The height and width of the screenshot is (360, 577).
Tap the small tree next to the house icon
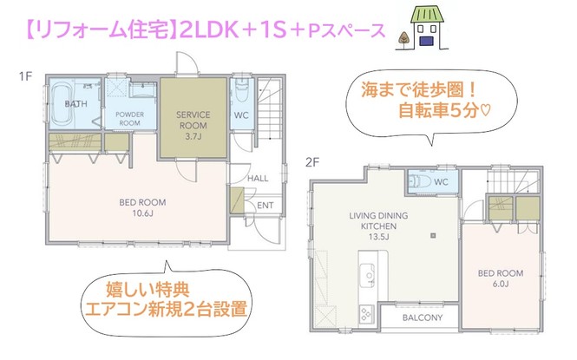[404, 39]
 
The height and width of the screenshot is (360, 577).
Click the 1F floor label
[25, 76]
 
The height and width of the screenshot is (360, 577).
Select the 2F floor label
[312, 162]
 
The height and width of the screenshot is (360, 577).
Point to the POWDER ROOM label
[130, 118]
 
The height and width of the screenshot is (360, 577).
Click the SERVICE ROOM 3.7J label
[193, 126]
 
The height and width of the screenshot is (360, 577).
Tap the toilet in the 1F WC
[242, 88]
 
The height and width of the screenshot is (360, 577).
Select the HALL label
[258, 179]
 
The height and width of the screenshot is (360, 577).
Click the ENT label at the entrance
[265, 206]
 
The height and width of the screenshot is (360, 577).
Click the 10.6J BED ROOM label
[142, 207]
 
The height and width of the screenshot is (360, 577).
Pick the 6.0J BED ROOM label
[501, 278]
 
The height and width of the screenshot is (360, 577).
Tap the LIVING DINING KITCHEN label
[378, 226]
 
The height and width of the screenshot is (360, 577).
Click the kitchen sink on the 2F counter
[367, 276]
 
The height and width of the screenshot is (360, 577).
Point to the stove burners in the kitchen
[366, 314]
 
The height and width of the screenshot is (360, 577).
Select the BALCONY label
[423, 317]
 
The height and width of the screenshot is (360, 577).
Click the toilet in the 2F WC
[419, 181]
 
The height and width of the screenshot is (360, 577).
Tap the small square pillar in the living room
[433, 235]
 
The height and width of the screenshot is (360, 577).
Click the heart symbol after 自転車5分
[485, 111]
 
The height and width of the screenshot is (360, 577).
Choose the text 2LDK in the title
[208, 30]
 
